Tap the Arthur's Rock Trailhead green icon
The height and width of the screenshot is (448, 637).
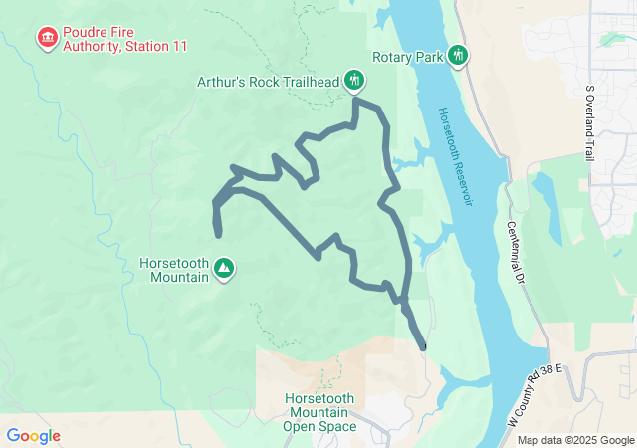point(354,79)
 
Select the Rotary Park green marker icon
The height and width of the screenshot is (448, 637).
point(458,55)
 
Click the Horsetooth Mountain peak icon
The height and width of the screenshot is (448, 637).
point(225,269)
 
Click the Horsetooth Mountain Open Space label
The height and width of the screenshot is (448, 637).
point(319,411)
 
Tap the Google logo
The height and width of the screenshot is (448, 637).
point(33,436)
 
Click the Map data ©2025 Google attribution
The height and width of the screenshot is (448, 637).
point(574,440)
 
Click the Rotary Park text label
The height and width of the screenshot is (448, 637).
point(407,57)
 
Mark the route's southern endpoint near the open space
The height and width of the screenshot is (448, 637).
point(425,346)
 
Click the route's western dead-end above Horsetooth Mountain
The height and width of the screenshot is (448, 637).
point(218,234)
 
